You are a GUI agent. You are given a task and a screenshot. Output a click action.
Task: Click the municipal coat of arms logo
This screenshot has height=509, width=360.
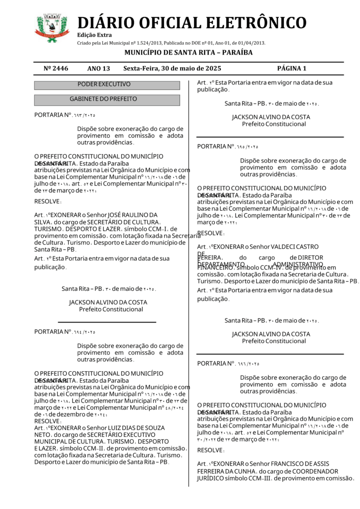pyautogui.click(x=52, y=28)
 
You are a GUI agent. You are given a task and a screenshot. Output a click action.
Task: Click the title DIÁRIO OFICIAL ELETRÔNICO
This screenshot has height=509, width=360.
pyautogui.click(x=192, y=22)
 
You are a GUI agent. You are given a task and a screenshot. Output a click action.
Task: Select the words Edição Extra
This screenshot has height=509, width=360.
pyautogui.click(x=94, y=35)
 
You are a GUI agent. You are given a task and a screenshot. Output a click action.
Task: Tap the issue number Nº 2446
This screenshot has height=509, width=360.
pyautogui.click(x=56, y=68)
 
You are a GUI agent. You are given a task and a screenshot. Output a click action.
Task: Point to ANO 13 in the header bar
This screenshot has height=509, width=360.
pyautogui.click(x=98, y=68)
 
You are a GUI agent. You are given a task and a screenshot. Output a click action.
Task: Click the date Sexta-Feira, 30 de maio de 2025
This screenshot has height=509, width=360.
pyautogui.click(x=172, y=68)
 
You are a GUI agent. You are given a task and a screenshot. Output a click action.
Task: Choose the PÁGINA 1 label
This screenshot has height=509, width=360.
pyautogui.click(x=292, y=68)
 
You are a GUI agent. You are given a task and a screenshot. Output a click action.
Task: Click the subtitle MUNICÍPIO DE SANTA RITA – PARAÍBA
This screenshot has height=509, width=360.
pyautogui.click(x=188, y=52)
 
